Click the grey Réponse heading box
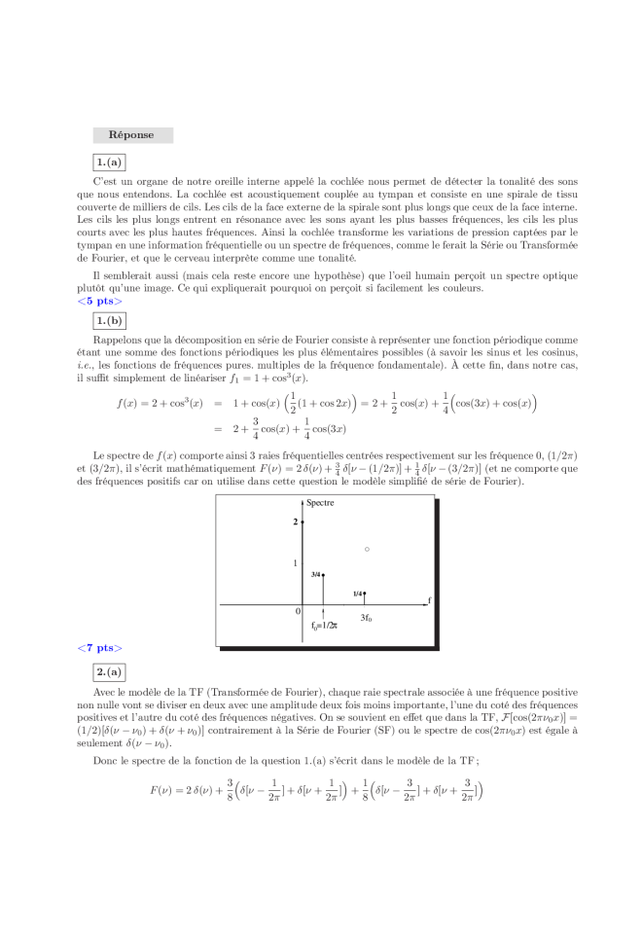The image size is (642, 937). [132, 135]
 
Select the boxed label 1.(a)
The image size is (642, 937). [108, 162]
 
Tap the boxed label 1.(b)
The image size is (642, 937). [109, 320]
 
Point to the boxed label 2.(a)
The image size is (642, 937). [108, 671]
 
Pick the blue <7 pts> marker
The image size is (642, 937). [100, 648]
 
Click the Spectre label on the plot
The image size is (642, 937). [321, 503]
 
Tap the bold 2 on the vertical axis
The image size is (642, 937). [295, 523]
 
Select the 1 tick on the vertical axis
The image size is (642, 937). [295, 563]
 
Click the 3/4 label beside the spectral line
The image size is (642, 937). [316, 575]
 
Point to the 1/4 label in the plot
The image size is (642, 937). [358, 594]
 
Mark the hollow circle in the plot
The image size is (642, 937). [367, 550]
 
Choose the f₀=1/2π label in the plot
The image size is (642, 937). [325, 626]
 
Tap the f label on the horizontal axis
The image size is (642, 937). [429, 599]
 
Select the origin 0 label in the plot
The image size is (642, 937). [299, 611]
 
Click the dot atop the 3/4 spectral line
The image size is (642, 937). [324, 575]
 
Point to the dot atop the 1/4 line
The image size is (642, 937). [365, 593]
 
